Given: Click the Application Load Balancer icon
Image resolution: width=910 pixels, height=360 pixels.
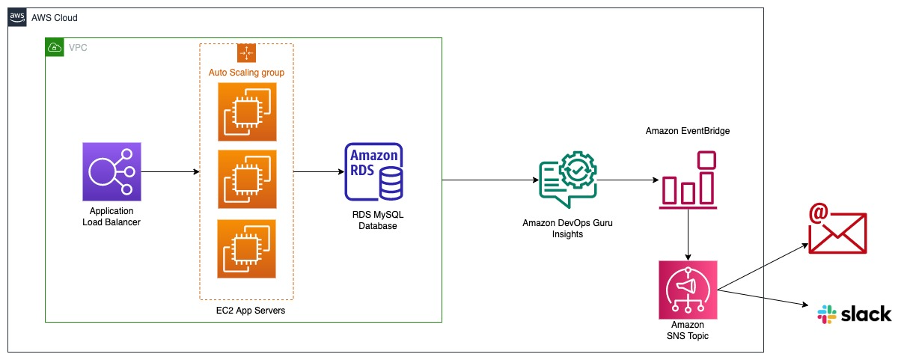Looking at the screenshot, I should [x=112, y=171].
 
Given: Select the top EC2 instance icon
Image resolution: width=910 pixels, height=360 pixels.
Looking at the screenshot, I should [x=247, y=112].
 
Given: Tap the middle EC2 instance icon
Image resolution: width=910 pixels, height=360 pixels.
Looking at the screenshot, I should [x=247, y=179].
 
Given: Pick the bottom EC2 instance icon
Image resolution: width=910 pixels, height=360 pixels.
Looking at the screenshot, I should [x=247, y=248].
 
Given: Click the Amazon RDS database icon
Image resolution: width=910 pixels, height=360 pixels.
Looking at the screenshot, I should [x=374, y=172].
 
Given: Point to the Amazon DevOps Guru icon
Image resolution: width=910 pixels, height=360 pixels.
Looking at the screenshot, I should [x=569, y=180].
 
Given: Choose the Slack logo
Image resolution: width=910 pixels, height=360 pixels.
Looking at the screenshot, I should [x=855, y=314].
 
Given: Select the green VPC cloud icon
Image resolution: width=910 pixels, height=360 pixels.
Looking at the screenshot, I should [x=55, y=47].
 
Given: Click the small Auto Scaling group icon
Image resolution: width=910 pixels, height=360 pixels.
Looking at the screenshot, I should [x=246, y=53].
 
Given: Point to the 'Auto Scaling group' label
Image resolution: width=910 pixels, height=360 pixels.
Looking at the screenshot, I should [x=246, y=73].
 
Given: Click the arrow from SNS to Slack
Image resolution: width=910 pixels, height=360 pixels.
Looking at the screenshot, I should [x=763, y=298].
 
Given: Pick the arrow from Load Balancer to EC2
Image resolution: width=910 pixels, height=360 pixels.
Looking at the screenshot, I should [x=170, y=172].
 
